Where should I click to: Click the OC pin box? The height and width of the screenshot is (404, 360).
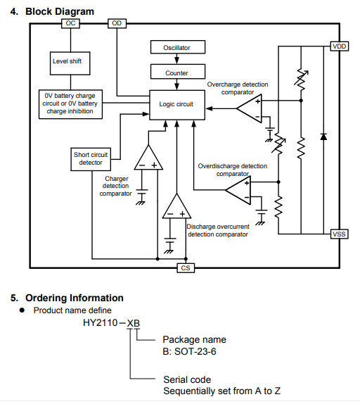70,23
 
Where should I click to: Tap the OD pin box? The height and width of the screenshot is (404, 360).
117,23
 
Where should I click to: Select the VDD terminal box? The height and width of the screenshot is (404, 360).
340,46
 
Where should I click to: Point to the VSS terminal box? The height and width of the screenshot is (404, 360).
339,234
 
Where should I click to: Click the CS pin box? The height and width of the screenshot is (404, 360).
186,268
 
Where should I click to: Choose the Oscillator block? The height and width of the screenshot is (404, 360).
178,47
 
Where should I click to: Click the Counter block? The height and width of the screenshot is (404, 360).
178,72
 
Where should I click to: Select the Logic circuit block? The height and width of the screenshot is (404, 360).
177,105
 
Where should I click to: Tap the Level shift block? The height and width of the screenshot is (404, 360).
70,63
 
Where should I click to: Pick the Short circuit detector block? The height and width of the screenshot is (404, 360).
91,159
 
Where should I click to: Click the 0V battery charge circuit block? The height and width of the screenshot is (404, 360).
70,104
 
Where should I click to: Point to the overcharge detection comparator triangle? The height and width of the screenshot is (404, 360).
249,108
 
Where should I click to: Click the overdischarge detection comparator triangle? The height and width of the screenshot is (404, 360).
238,190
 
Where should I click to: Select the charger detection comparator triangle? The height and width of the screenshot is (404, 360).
148,158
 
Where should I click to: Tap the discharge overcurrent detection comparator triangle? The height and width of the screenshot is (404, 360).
176,206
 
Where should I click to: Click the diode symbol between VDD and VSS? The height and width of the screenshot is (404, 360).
323,137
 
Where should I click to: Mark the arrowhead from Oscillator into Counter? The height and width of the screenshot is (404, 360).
176,61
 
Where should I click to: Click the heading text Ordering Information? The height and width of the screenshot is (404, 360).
75,298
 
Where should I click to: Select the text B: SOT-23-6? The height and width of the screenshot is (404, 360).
189,351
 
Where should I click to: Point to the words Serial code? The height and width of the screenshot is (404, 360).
187,379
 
